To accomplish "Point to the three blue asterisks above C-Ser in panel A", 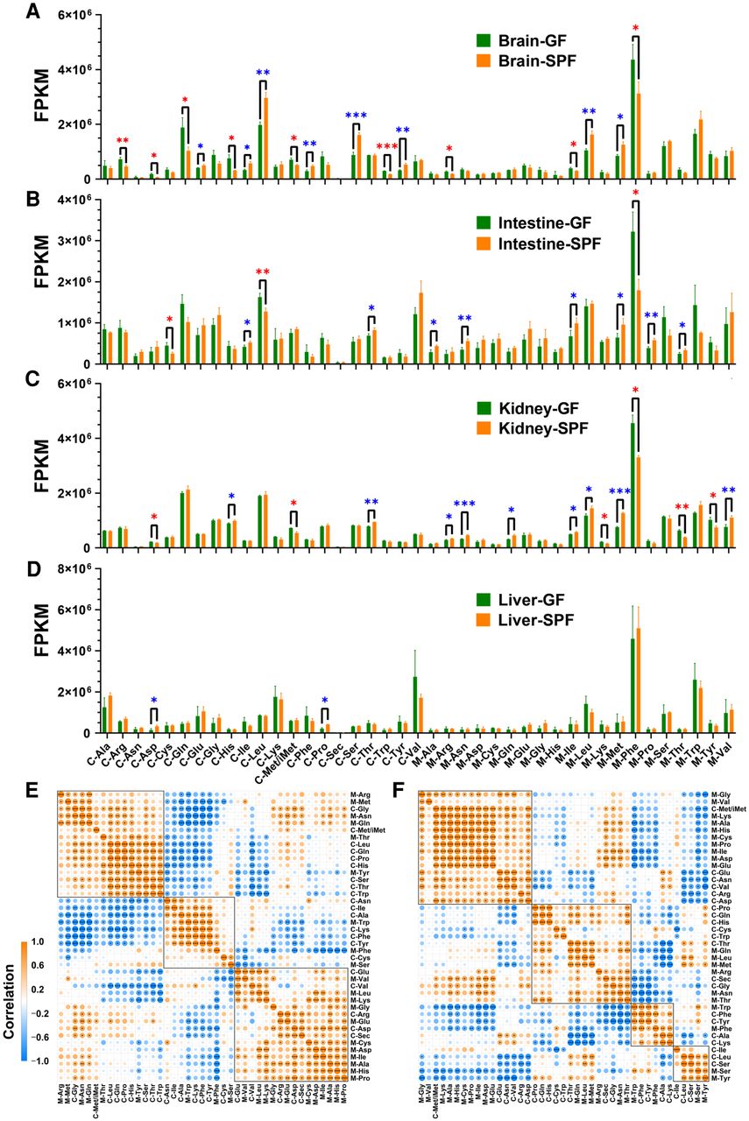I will tap(356, 116).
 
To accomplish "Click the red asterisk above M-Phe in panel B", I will tap(636, 192).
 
